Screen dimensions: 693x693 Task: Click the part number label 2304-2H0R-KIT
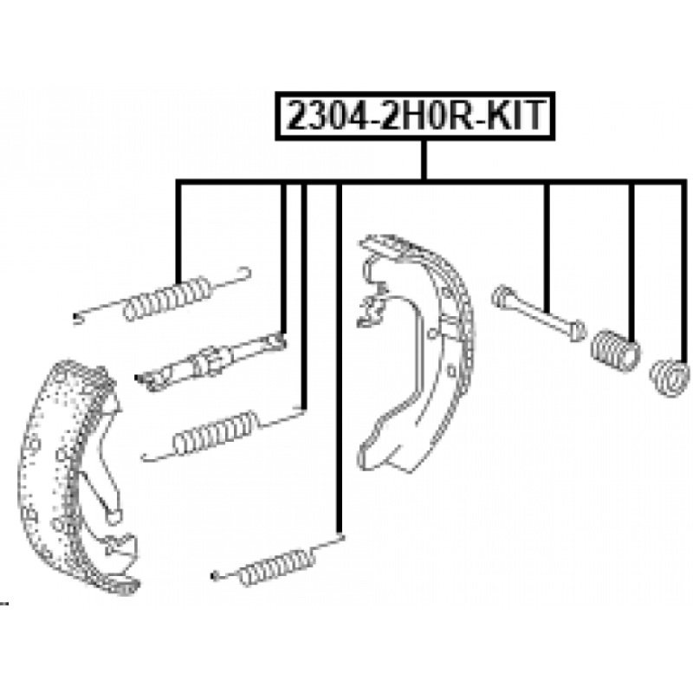pos(414,116)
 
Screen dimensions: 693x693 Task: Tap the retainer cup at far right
pos(669,378)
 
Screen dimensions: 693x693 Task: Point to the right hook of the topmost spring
pos(243,274)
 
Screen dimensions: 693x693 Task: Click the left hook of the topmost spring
pos(78,317)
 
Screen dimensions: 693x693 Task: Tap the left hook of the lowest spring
pos(216,574)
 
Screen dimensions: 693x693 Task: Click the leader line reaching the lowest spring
pos(340,364)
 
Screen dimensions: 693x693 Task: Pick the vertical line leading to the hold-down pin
pos(547,243)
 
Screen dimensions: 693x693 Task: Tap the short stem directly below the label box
pos(424,159)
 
